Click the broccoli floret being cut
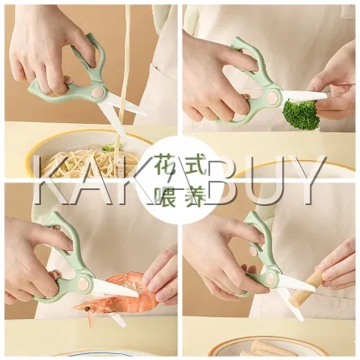click(301, 115)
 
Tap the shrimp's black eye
click(87, 309)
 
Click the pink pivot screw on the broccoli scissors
click(274, 98)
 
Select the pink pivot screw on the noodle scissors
click(98, 93)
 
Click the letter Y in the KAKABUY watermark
click(305, 179)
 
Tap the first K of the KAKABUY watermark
click(52, 179)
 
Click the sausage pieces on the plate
click(268, 348)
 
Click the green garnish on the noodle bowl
click(108, 147)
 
